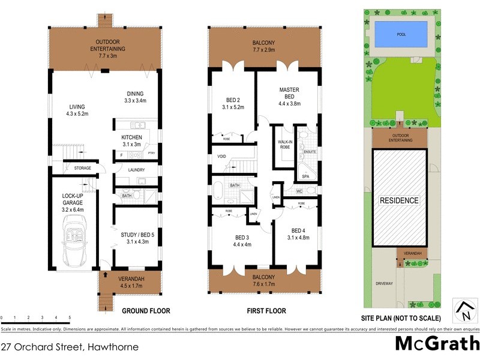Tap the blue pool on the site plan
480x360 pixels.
pos(401,34)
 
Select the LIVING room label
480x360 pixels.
pos(77,109)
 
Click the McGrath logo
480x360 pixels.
pos(436,344)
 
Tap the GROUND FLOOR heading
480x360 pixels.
pos(146,311)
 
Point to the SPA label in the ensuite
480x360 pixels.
pos(305,176)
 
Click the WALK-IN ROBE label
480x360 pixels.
pos(284,145)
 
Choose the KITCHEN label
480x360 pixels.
pos(131,141)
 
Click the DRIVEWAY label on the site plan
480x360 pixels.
pos(383,284)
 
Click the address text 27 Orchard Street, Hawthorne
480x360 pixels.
pos(70,347)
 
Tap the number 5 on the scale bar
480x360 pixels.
pos(70,317)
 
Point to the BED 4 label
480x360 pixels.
pos(299,235)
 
